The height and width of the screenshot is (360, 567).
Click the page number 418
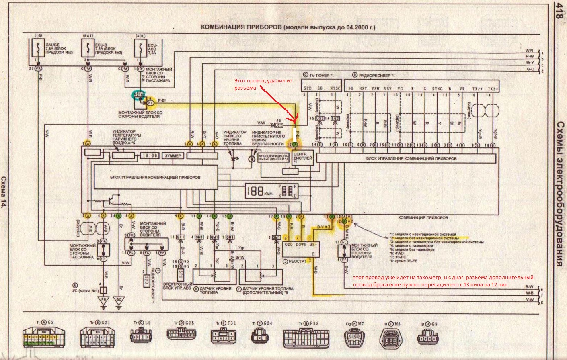[x=559, y=12]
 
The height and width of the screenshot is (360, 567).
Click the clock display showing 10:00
[x=149, y=155]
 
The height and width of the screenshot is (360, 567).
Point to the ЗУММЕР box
[x=173, y=155]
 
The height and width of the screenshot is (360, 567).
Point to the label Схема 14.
[x=4, y=193]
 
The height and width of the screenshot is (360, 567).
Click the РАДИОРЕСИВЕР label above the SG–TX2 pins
[x=376, y=75]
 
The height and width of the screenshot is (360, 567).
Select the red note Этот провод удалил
[x=263, y=84]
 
